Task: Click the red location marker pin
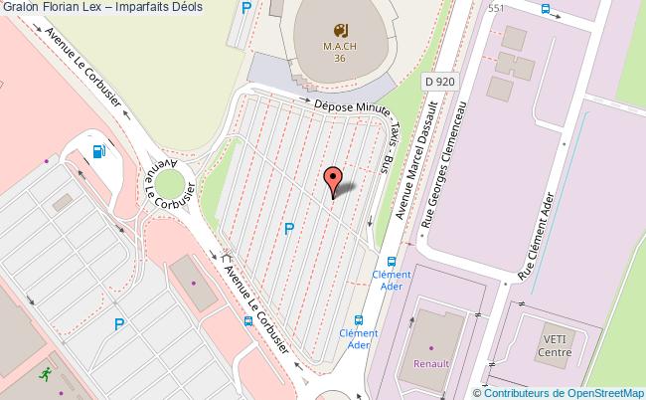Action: pos(334,178)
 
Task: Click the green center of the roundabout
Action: pos(176,184)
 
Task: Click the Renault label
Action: pos(431,364)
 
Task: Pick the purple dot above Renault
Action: pos(431,348)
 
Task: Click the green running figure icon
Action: pos(44,374)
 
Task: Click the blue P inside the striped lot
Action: pos(289,229)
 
